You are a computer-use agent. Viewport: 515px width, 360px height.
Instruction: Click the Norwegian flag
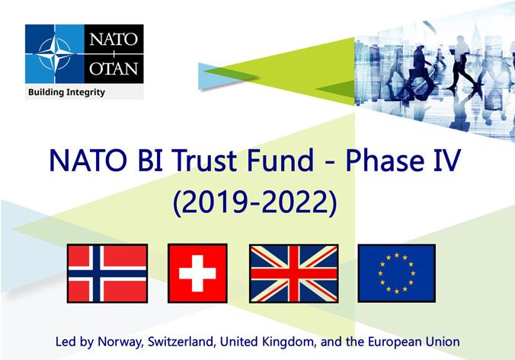[107, 273]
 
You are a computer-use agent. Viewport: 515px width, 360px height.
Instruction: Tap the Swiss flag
[197, 273]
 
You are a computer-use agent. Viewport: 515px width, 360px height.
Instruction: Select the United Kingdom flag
[293, 273]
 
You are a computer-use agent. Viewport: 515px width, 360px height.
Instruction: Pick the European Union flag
[397, 273]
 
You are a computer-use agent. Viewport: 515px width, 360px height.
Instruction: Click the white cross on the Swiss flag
[197, 273]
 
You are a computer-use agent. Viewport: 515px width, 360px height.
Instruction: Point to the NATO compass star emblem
[55, 53]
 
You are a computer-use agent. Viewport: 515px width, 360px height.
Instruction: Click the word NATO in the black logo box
[114, 40]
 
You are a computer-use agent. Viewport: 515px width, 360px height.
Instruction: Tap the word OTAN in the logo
[114, 68]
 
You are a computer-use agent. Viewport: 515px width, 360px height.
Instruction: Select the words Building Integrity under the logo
[67, 92]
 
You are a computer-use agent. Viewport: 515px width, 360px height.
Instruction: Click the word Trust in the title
[203, 160]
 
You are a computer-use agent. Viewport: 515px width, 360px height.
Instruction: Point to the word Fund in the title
[280, 160]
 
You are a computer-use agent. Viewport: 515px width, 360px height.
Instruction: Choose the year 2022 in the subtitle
[295, 202]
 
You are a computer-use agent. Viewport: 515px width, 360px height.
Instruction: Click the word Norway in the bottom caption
[120, 342]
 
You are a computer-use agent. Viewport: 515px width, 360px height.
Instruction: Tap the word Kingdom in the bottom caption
[289, 342]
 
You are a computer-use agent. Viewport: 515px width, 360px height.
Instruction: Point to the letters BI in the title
[150, 160]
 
